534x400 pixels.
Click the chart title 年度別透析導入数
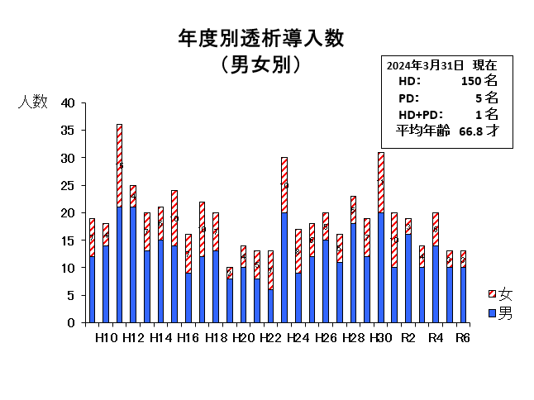[260, 38]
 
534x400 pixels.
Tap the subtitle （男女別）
[260, 64]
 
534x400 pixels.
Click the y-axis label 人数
[34, 103]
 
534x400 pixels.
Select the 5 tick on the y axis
[72, 295]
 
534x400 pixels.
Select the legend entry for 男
[499, 314]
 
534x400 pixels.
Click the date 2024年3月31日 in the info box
[425, 64]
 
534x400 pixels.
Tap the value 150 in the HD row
[470, 81]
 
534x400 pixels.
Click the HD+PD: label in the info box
[421, 114]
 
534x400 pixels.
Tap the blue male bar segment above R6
[464, 294]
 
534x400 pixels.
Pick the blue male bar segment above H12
[133, 264]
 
